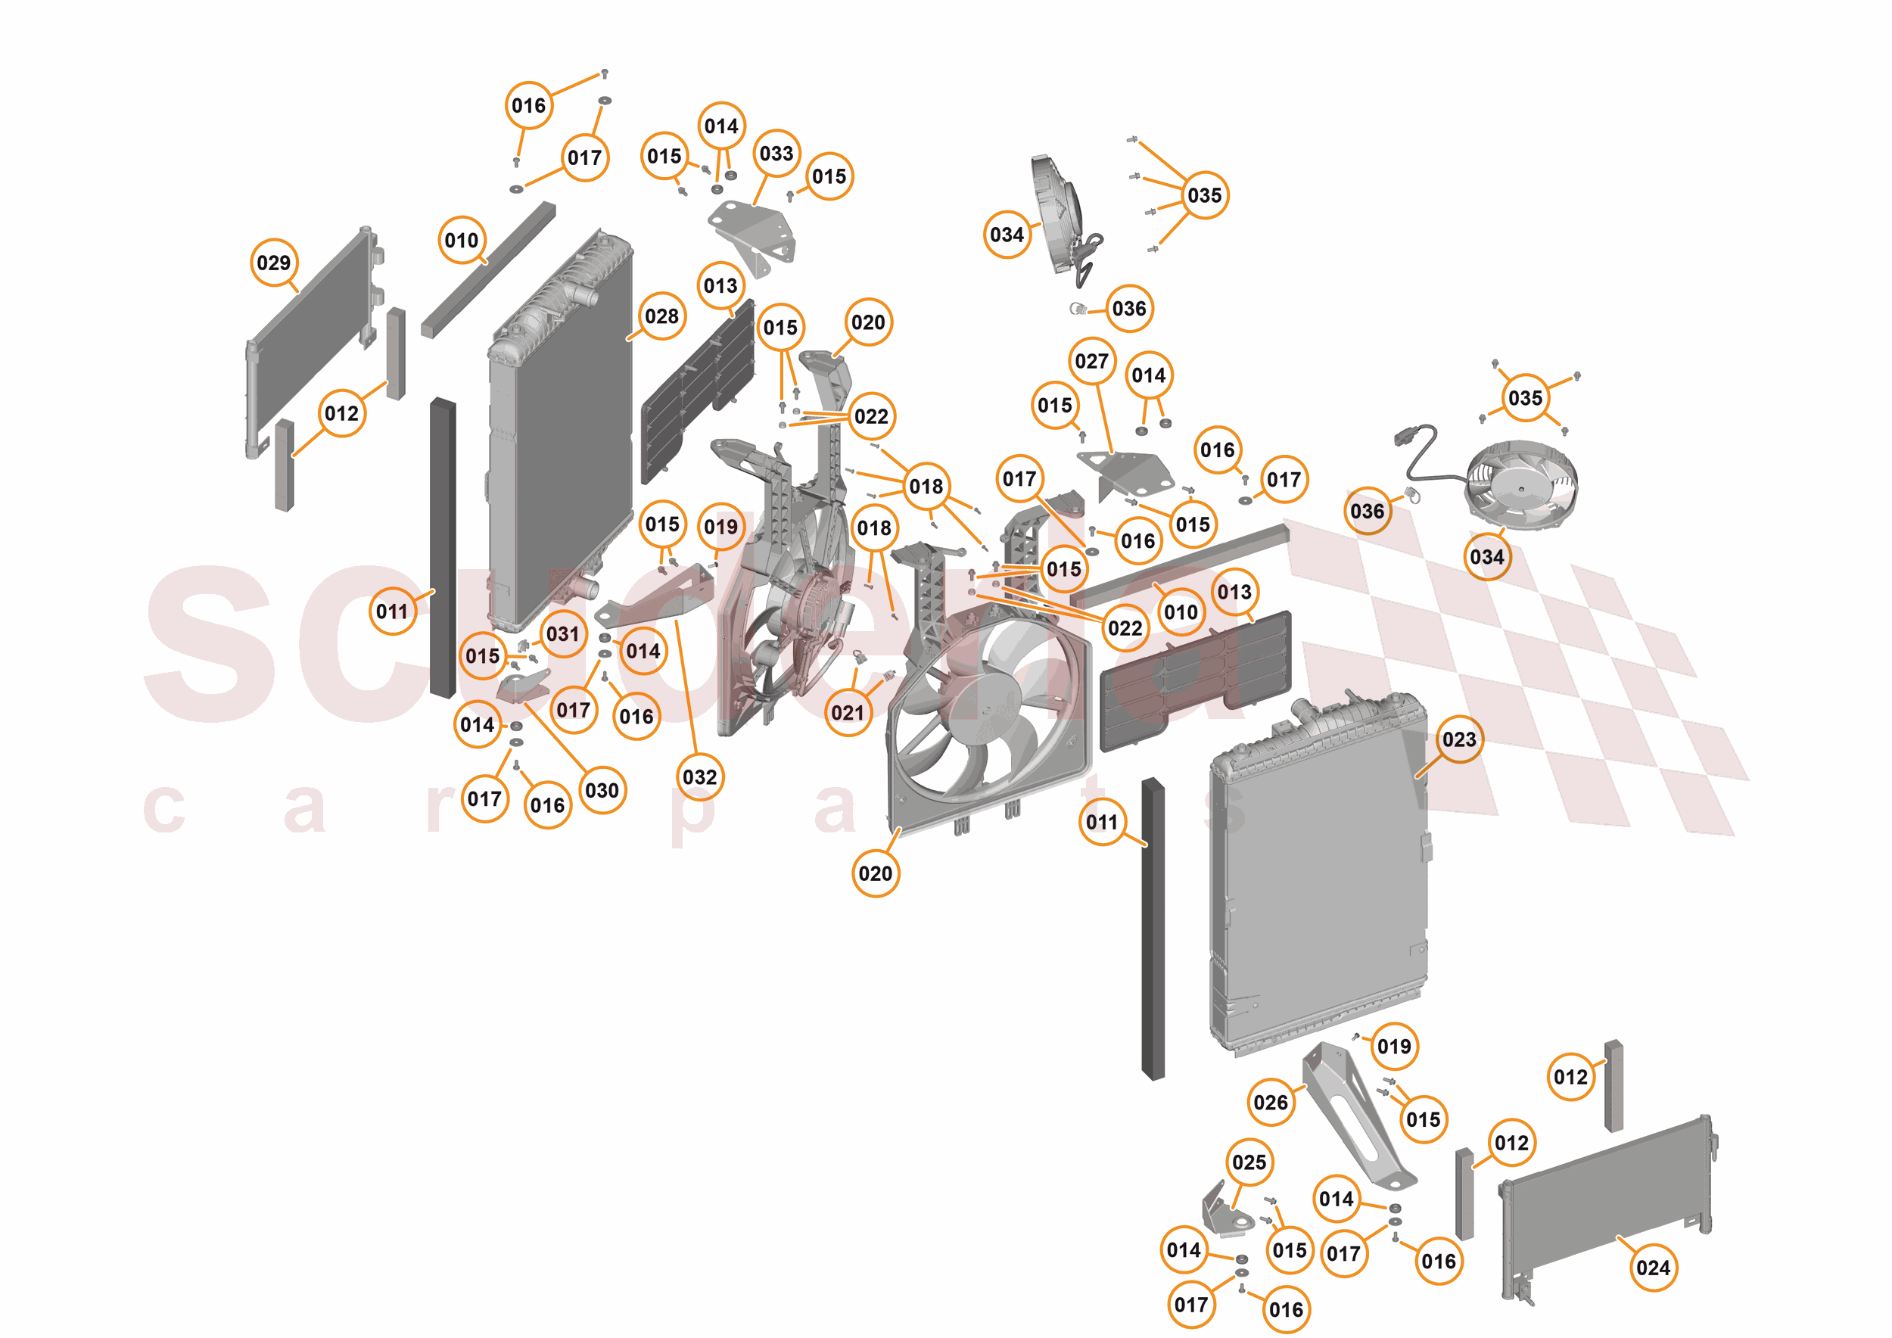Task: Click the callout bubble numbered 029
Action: tap(273, 263)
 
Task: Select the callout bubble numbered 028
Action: tap(661, 316)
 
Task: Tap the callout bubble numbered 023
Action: tap(1458, 739)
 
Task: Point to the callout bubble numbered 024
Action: tap(1653, 1267)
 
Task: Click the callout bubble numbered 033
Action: tap(776, 153)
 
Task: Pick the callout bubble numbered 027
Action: tap(1091, 361)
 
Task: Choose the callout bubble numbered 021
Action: tap(847, 712)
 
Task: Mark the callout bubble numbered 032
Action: tap(699, 777)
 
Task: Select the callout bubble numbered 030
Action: tap(602, 790)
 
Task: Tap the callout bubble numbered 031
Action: tap(563, 633)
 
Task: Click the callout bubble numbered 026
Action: tap(1270, 1103)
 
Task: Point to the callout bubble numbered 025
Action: tap(1249, 1162)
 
